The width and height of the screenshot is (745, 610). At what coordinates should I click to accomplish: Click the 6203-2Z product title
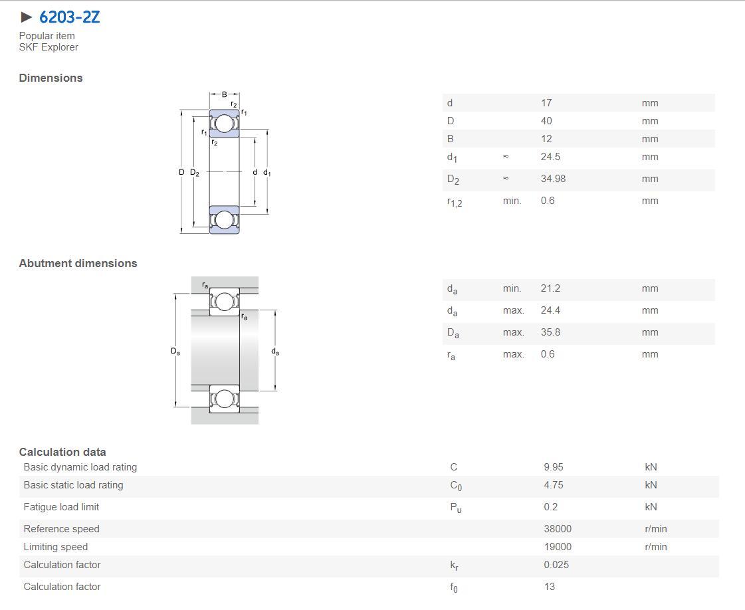click(69, 17)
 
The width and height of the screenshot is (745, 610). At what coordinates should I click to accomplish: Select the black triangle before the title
click(27, 17)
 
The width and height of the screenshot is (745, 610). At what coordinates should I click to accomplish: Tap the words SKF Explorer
click(49, 47)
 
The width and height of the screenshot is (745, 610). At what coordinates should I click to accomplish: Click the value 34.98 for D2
click(553, 179)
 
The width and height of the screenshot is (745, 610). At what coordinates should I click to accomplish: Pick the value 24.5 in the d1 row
click(550, 157)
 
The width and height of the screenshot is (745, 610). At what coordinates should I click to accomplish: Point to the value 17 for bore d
click(546, 102)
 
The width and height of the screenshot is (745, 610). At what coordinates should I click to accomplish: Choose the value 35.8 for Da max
click(550, 332)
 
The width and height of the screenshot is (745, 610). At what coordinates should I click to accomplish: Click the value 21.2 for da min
click(550, 288)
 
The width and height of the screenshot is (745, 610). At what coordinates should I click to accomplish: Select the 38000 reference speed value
click(558, 529)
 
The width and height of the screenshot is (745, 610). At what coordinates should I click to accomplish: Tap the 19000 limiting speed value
click(558, 547)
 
